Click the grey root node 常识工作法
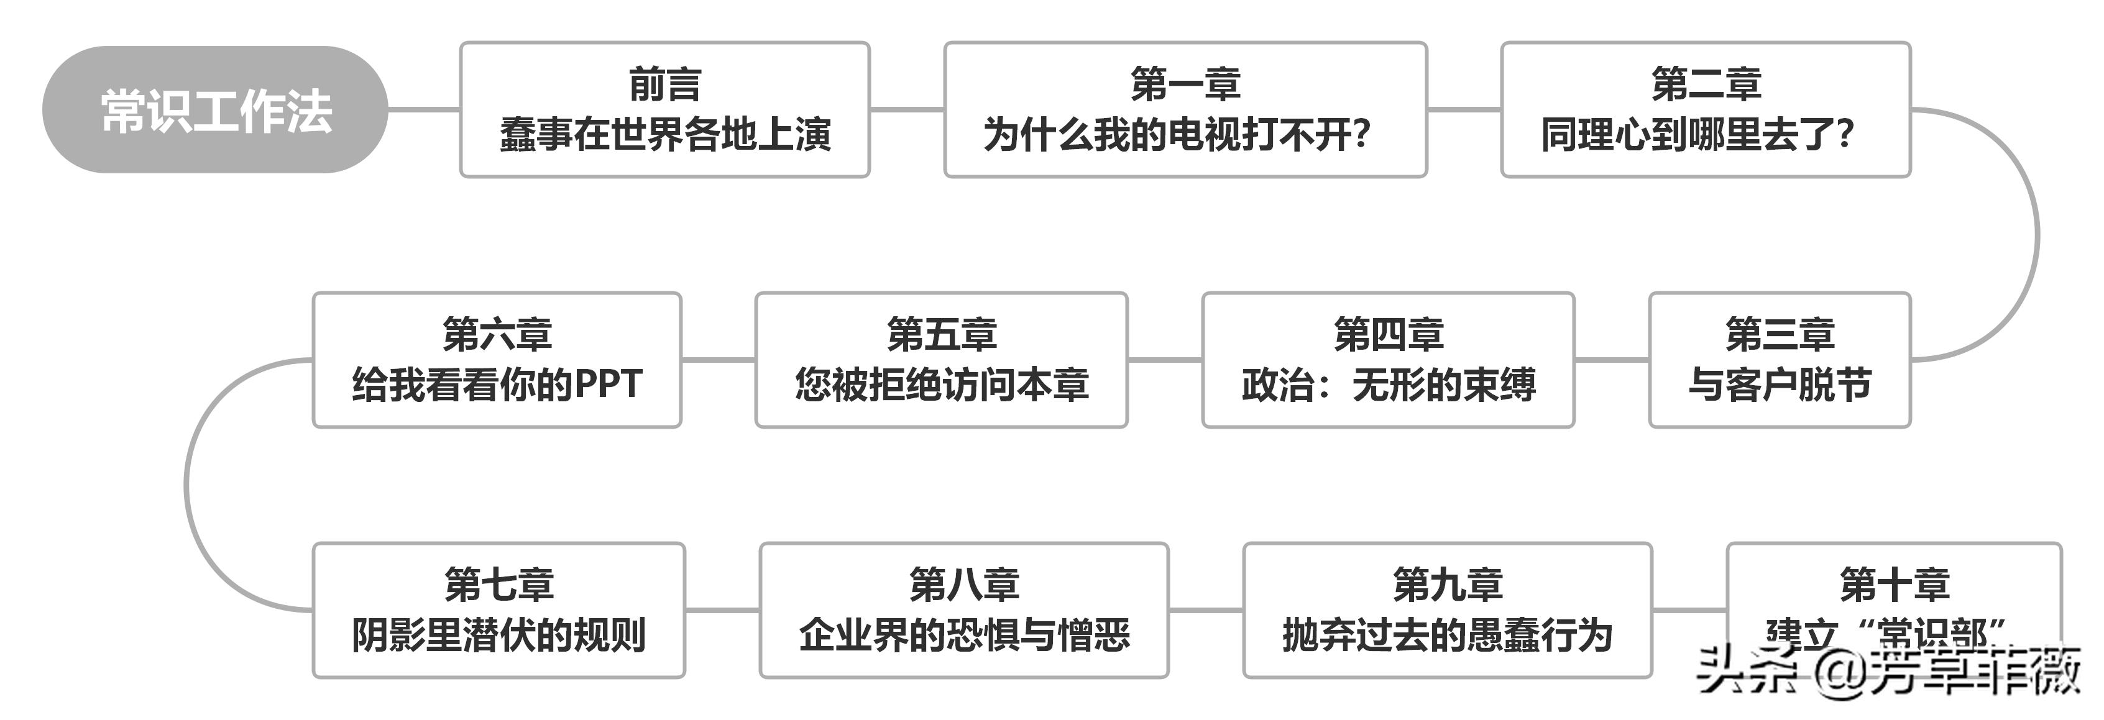[x=215, y=109]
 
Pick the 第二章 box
[x=1706, y=109]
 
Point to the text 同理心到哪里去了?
[x=1697, y=135]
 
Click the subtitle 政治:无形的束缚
[x=1388, y=385]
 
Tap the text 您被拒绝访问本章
[x=941, y=385]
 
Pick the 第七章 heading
[x=498, y=585]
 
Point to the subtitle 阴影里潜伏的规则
[x=498, y=635]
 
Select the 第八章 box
[x=964, y=610]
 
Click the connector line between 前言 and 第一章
[x=907, y=109]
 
